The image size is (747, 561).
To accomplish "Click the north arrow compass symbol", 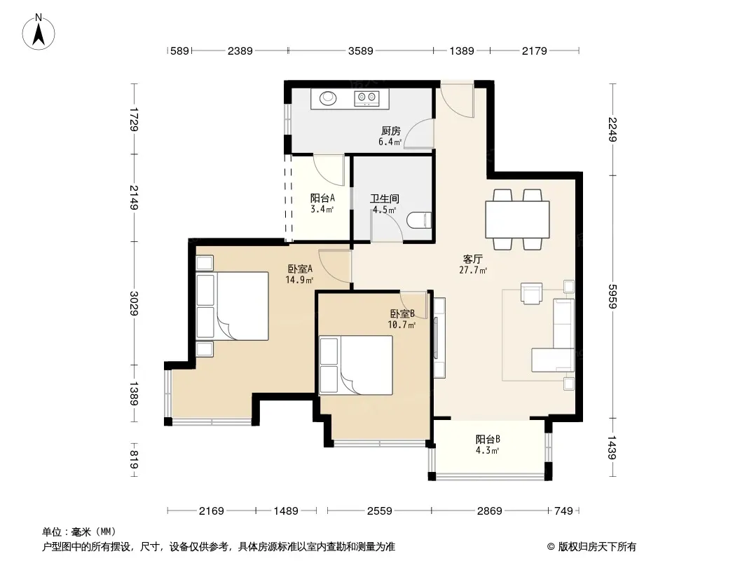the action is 39,32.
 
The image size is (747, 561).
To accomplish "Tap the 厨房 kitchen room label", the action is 390,130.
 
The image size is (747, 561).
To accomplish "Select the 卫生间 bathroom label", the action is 385,198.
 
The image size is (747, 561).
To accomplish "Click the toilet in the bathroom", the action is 420,220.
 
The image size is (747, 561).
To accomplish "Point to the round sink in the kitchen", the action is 328,98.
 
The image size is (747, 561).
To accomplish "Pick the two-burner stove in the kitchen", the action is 366,97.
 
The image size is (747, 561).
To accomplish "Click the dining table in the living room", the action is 517,219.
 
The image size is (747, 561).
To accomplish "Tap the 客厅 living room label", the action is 472,259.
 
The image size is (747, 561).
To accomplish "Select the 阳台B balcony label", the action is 488,439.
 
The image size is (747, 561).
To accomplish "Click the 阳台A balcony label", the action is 322,198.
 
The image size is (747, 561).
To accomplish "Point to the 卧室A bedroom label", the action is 300,269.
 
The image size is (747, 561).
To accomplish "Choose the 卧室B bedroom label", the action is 402,313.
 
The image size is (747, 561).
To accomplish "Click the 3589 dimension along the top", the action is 361,50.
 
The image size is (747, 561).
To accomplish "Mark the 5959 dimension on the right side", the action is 612,296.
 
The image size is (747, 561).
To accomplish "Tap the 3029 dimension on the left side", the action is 134,303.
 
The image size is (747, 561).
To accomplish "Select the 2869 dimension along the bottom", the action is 490,511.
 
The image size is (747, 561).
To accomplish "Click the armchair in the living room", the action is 532,293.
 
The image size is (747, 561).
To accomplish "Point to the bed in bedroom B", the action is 356,365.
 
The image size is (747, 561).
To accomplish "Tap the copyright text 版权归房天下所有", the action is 596,547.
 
